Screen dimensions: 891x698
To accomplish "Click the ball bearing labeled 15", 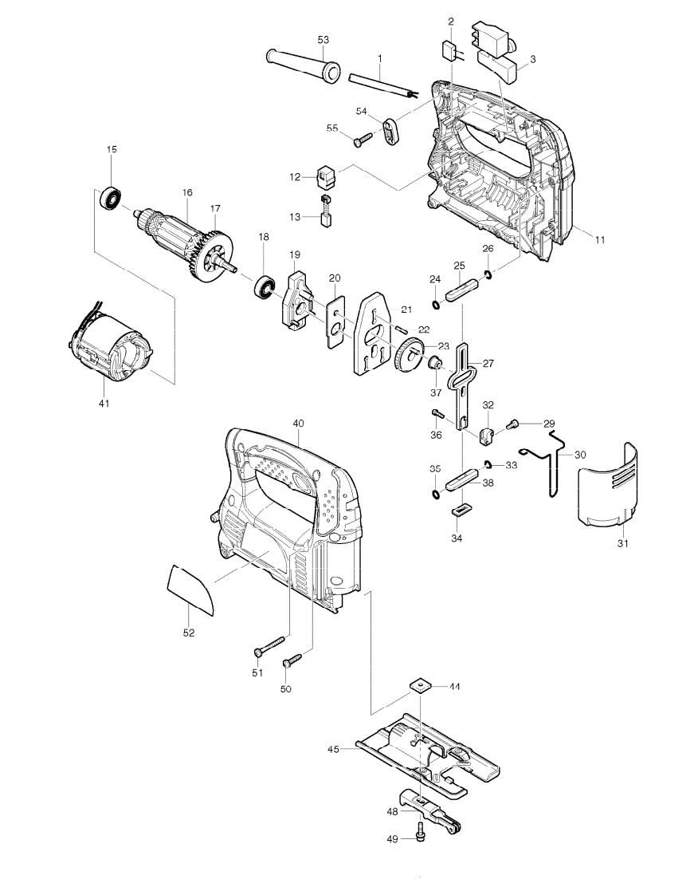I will click(x=109, y=198).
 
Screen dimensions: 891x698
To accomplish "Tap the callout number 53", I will click(x=323, y=39).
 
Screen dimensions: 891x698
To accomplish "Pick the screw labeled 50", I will click(x=293, y=660).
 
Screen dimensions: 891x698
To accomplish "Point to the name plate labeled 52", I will click(x=191, y=589).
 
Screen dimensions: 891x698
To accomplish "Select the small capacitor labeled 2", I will click(x=450, y=49).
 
